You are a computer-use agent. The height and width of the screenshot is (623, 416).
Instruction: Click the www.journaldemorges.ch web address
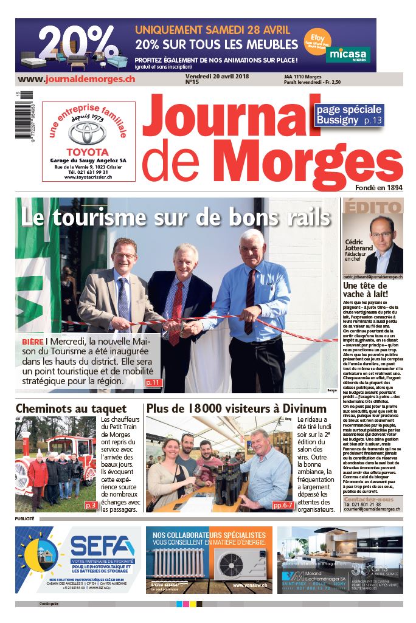point(77,79)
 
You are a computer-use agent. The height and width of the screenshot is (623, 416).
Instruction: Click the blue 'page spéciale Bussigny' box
point(349,115)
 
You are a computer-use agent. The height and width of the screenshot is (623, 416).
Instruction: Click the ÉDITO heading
point(363,206)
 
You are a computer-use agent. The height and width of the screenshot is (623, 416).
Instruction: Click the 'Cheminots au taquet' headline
point(71,408)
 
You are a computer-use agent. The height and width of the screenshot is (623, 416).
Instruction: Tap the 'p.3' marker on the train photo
point(91,505)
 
